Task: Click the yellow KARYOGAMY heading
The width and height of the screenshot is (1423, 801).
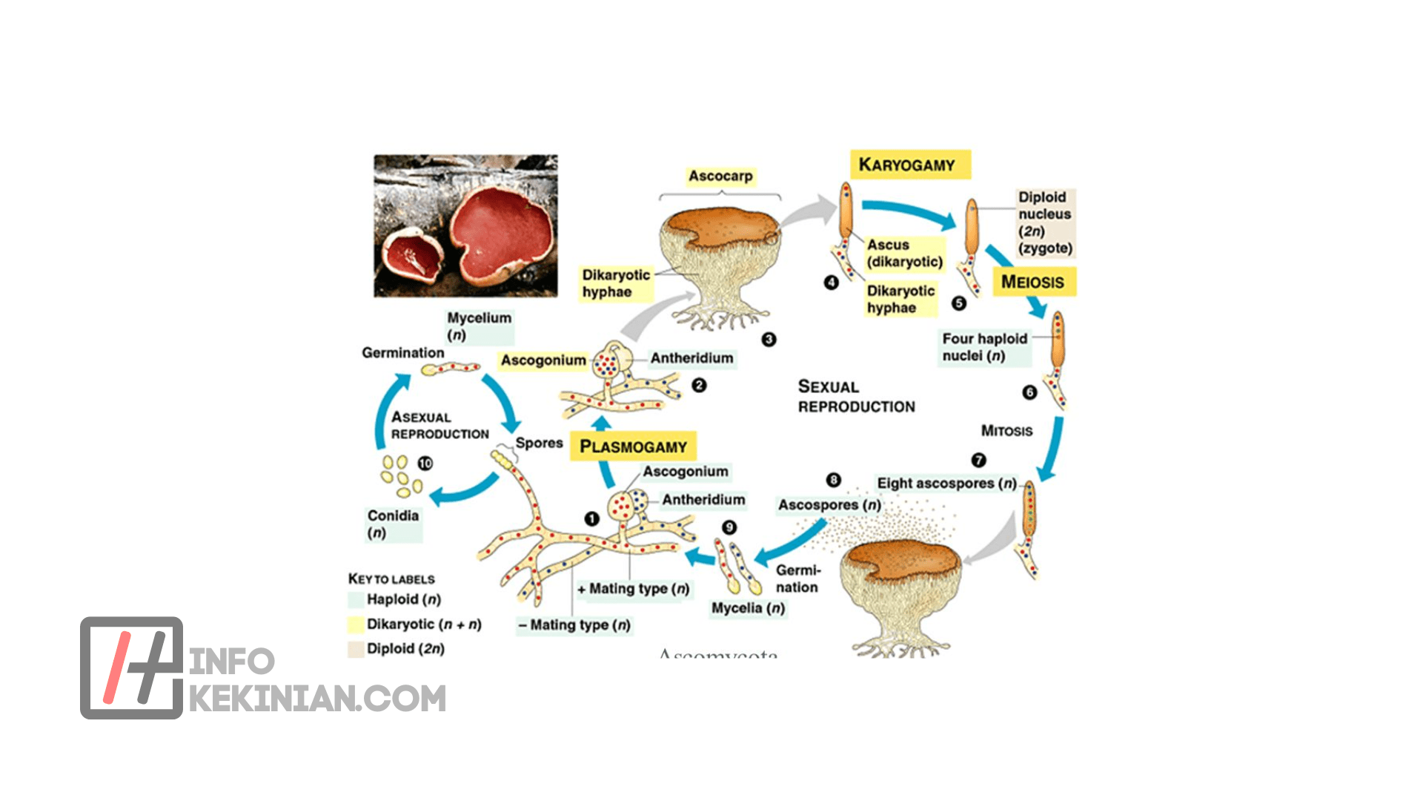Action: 909,165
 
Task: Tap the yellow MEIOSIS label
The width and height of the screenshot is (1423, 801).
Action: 1032,282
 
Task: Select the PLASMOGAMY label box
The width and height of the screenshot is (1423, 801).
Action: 633,446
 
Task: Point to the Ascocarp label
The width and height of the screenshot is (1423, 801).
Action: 720,176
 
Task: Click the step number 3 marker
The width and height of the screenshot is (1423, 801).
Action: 769,339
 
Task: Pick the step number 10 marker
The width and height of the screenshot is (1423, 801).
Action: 425,463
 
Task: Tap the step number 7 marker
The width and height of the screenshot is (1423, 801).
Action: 978,460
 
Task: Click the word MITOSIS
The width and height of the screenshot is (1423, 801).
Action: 1006,431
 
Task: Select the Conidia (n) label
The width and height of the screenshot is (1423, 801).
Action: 393,524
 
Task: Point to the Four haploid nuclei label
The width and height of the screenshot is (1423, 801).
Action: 984,347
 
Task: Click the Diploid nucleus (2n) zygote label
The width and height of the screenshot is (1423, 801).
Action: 1044,222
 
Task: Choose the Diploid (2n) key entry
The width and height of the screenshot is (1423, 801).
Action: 405,648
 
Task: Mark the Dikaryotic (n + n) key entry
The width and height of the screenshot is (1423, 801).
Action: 423,624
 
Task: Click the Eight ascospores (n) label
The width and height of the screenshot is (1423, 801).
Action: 946,484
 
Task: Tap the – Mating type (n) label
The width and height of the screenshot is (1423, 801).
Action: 574,625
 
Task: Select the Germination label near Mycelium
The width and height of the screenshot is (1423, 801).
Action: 402,353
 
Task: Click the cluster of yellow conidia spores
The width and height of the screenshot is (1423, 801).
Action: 401,475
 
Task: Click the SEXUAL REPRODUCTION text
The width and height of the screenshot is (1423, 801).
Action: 856,396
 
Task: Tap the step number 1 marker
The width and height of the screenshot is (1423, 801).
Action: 591,518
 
